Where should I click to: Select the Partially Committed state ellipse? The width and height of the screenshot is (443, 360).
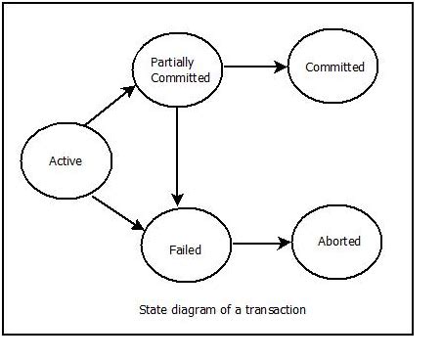(x=179, y=68)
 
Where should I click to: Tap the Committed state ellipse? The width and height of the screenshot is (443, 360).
(x=334, y=67)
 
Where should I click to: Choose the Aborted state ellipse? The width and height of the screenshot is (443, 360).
(x=338, y=241)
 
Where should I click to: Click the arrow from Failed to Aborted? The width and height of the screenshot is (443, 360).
(x=261, y=243)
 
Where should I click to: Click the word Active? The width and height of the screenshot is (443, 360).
(x=66, y=161)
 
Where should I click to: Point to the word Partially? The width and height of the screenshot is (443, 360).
(x=172, y=63)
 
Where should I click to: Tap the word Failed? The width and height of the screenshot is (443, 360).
(x=185, y=249)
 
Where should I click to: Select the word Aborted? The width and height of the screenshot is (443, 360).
(x=338, y=241)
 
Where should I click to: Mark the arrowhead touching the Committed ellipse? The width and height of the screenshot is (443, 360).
(x=282, y=68)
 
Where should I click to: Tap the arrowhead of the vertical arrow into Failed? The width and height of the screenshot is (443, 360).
(x=176, y=200)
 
